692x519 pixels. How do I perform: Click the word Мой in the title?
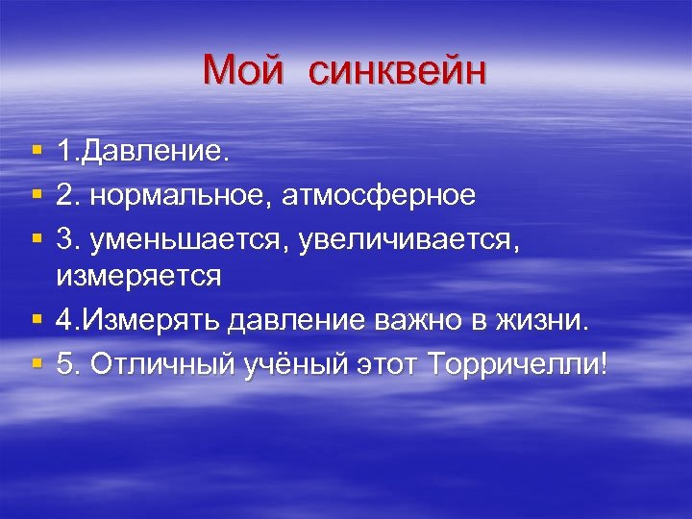tap(245, 70)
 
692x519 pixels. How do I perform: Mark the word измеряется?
tap(138, 277)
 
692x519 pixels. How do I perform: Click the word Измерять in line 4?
tap(142, 321)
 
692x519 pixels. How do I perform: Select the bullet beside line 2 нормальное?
tap(36, 196)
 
